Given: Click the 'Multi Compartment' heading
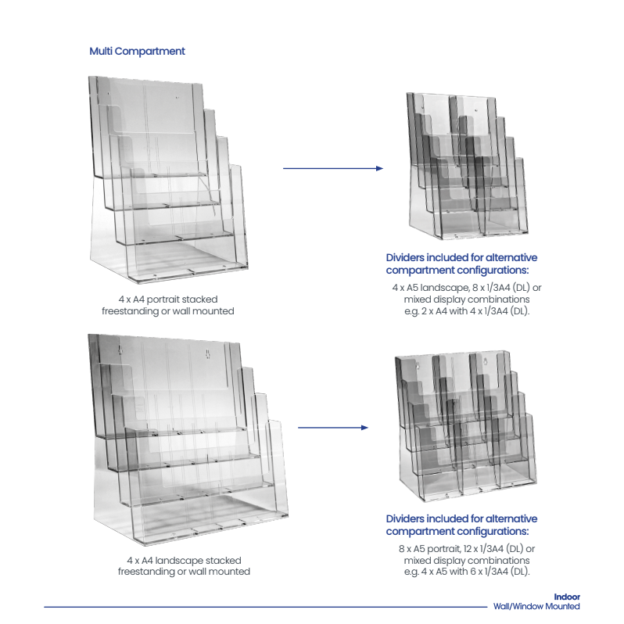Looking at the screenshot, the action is click(137, 52).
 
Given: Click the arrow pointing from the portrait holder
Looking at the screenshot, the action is click(333, 168).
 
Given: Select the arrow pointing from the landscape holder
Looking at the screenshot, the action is click(333, 428).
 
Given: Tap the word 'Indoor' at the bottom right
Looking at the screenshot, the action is click(567, 597).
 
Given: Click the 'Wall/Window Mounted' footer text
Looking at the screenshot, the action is click(536, 606).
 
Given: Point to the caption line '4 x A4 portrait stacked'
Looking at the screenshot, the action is click(168, 299).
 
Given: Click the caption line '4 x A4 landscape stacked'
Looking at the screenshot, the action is click(184, 561).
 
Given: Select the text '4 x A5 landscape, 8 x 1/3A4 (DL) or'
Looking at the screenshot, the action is click(466, 287).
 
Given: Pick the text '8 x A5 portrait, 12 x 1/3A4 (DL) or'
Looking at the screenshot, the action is click(466, 549).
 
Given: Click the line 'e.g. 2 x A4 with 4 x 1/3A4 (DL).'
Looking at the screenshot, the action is click(466, 310).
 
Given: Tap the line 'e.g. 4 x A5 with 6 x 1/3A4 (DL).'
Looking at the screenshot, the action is click(466, 572).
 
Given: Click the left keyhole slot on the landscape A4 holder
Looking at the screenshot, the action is click(120, 350).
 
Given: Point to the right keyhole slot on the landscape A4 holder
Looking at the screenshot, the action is click(207, 353).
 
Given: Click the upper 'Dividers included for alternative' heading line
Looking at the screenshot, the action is click(461, 257).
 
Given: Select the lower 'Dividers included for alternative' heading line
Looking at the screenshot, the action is click(461, 518).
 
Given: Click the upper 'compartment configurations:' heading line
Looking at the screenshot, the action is click(457, 271).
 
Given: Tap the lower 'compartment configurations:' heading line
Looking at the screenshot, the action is click(457, 531).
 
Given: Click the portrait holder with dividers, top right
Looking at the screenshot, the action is click(467, 166).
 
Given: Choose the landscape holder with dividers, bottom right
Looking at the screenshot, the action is click(465, 426).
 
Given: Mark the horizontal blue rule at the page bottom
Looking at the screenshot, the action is click(265, 607).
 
